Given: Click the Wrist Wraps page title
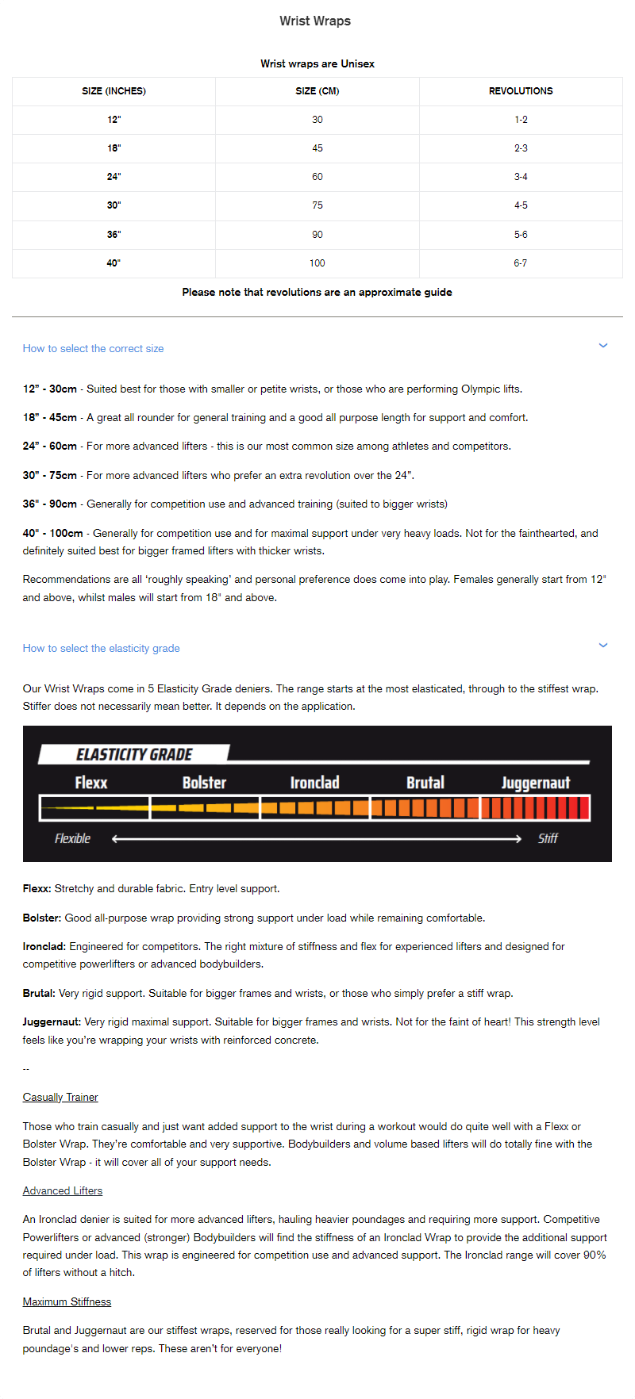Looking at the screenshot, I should pos(315,21).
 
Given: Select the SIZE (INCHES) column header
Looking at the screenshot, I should pos(114,91).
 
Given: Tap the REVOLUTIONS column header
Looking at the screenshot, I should pos(521,91).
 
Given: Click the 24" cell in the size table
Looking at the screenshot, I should pos(114,177).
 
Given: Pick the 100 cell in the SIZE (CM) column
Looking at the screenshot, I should pos(317,263).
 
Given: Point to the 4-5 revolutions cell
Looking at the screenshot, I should pos(521,205).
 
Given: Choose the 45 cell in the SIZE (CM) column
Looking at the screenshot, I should pos(317,148).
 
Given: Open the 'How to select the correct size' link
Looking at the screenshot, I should pos(93,348).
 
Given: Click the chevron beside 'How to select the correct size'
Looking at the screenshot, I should pos(603,346).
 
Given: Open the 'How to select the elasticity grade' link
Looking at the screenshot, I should pos(101,648).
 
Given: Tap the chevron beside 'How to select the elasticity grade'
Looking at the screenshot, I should pos(603,646).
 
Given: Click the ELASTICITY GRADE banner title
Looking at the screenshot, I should pos(134,754).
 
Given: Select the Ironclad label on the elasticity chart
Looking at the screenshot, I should pos(314,783).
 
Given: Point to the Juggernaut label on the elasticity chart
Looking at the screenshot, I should pos(536,783).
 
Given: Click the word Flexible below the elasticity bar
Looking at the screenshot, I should pos(72,838).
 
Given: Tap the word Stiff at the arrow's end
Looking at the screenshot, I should pos(548,838).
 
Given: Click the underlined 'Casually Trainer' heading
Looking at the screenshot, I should pos(60,1097).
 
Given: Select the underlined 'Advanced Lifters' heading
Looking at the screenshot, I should pos(63,1190).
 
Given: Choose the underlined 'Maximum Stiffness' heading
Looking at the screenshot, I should pos(67,1301).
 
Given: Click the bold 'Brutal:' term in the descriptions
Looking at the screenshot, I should pos(39,993).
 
